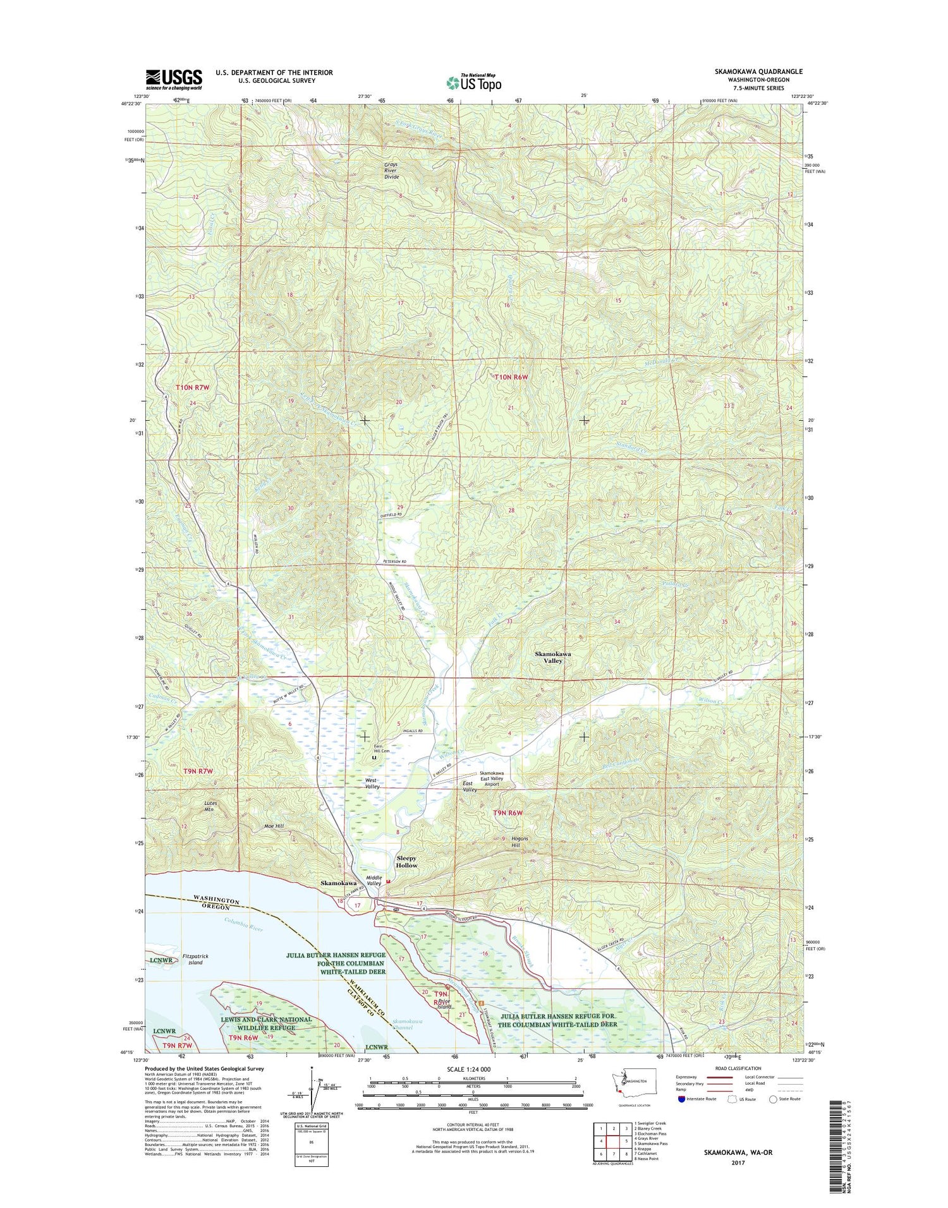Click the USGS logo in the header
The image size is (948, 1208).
coord(174,79)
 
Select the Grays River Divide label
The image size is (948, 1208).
coord(392,171)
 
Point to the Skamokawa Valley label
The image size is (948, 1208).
coord(553,657)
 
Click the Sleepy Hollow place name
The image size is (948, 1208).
coord(406,862)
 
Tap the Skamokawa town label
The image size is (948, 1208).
coord(338,883)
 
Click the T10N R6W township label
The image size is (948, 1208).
coord(511,377)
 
